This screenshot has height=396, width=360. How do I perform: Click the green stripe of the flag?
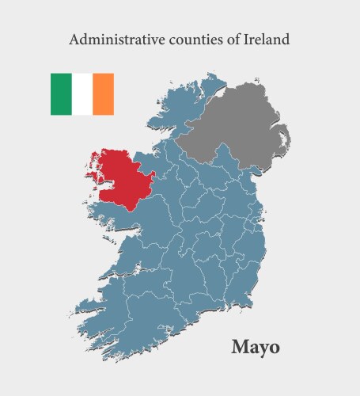tap(61, 94)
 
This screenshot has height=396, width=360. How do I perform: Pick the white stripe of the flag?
tap(82, 94)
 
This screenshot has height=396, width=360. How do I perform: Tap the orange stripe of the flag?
tap(104, 94)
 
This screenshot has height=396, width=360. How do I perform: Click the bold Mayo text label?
tap(255, 347)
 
